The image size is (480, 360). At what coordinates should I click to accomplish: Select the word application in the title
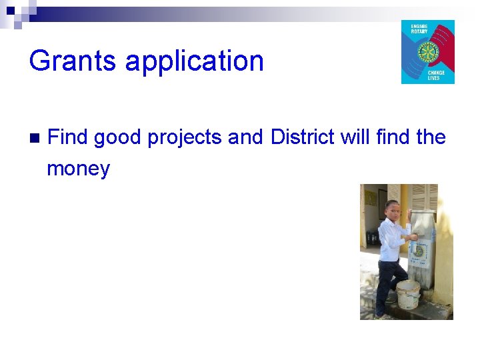coord(195,62)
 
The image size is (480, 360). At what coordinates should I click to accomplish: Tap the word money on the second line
coord(78,169)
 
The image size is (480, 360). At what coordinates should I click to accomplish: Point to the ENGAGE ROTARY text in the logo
coord(419,29)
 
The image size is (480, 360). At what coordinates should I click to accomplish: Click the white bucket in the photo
coord(408,294)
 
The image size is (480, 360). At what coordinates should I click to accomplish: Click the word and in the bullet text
coord(247,137)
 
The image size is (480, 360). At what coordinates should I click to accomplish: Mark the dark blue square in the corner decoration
coord(10,10)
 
